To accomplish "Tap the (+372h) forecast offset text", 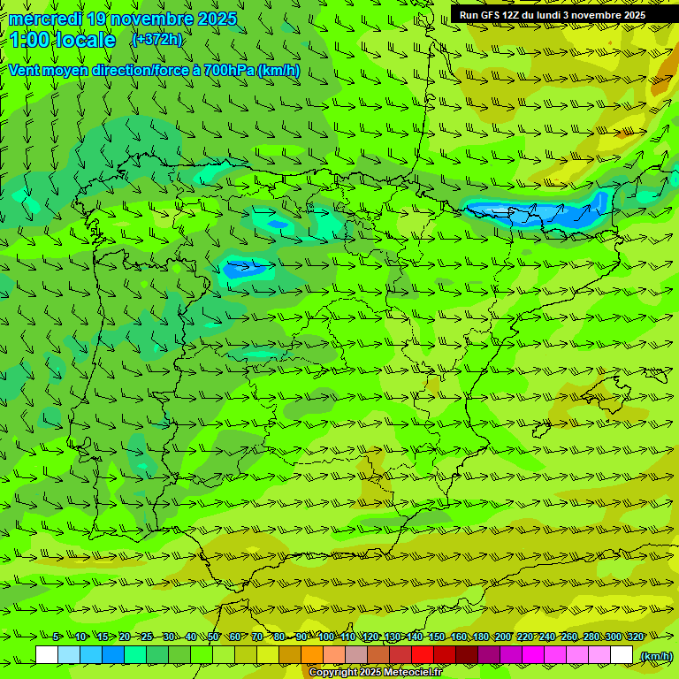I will tap(156, 40).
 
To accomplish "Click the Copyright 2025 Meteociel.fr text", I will tap(375, 673).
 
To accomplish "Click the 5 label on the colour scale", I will tap(56, 637).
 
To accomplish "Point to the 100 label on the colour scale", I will tap(326, 637).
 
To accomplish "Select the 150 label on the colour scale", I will tap(437, 637).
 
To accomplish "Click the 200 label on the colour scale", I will tap(503, 637).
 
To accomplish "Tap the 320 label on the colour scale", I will tap(636, 637).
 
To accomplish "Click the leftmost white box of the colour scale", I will tap(47, 655).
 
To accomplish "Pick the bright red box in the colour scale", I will tap(423, 655).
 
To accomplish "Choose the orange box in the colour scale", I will tap(312, 655).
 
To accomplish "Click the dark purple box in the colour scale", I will tap(489, 655).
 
